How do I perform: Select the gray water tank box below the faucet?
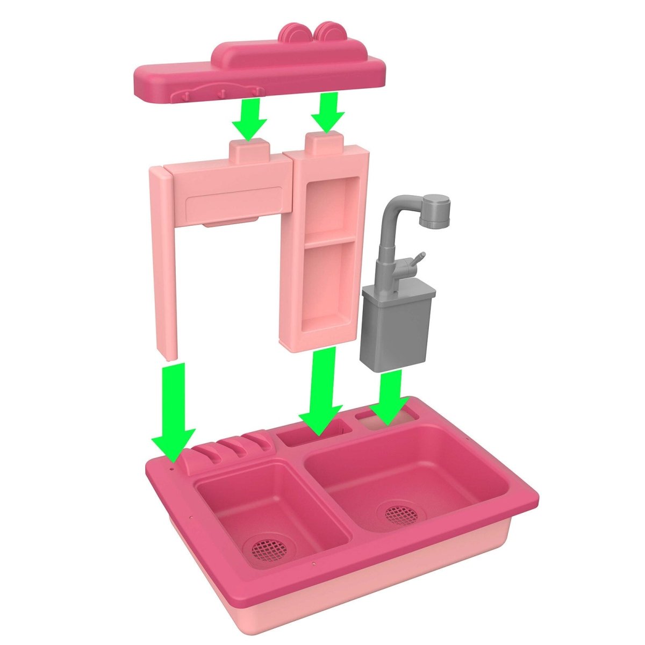click(395, 328)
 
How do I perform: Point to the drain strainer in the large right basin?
click(401, 513)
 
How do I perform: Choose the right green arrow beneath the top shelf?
click(327, 113)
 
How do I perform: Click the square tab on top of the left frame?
click(249, 150)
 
